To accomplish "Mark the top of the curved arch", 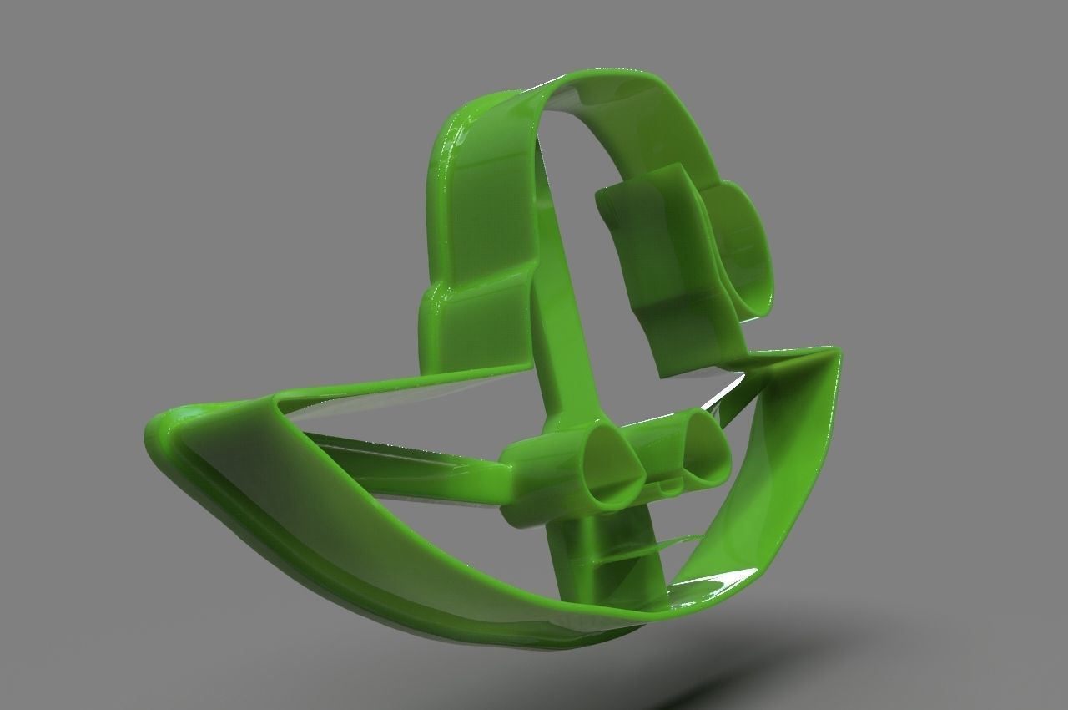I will pos(601,79).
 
